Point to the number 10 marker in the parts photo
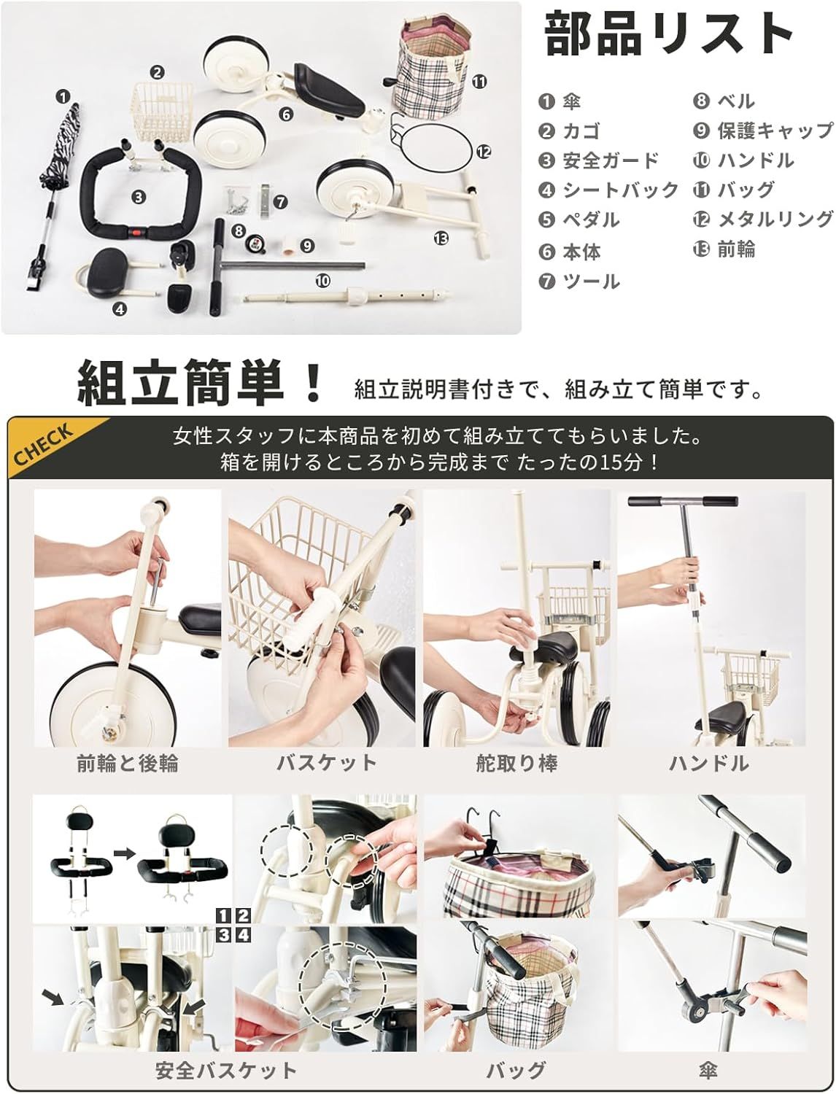click(322, 280)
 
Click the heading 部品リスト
click(669, 33)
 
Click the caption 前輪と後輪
click(128, 764)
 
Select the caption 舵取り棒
click(516, 764)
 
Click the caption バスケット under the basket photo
click(326, 764)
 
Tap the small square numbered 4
click(243, 934)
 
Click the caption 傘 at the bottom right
click(707, 1071)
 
